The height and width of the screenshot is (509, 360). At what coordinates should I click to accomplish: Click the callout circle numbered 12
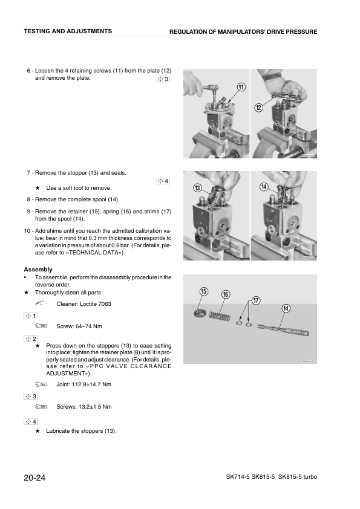(x=258, y=108)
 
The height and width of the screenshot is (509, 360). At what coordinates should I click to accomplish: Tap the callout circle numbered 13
(x=197, y=188)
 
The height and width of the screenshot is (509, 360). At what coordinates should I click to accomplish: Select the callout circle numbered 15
(x=204, y=291)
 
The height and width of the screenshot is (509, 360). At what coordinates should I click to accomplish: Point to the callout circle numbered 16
(x=226, y=294)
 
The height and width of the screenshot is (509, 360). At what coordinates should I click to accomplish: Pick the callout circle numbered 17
(x=256, y=300)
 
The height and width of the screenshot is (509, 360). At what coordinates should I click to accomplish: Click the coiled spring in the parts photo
(x=219, y=316)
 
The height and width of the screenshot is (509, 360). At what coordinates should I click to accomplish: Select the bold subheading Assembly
(x=38, y=269)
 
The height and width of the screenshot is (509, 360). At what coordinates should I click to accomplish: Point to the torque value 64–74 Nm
(x=79, y=326)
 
